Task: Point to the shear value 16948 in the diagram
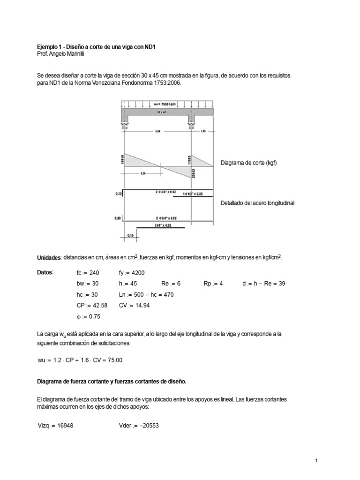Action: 121,160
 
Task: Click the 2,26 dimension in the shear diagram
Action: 142,173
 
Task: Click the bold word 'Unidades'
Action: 49,258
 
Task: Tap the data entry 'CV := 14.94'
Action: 136,305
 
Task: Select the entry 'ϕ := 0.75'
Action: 88,316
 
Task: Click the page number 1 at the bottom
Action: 316,461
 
